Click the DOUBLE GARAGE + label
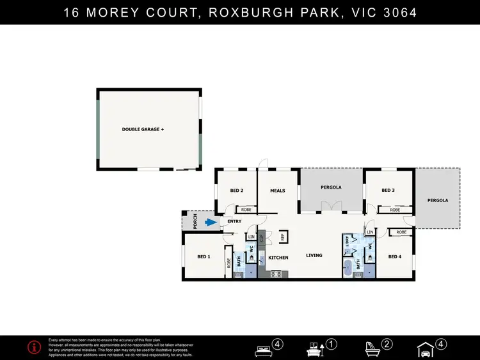pos(143,130)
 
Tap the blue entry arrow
pos(211,223)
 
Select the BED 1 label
pos(204,257)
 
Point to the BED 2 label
pos(236,191)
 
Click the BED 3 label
pos(388,190)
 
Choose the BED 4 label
pos(395,257)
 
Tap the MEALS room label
pos(277,191)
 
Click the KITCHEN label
pos(278,258)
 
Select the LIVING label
pos(314,256)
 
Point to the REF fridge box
pos(282,237)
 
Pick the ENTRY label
pos(234,222)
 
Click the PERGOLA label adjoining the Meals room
pos(331,187)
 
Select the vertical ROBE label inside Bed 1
pos(228,262)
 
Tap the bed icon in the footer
pos(263,349)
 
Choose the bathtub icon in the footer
pos(372,349)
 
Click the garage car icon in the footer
pos(425,350)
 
